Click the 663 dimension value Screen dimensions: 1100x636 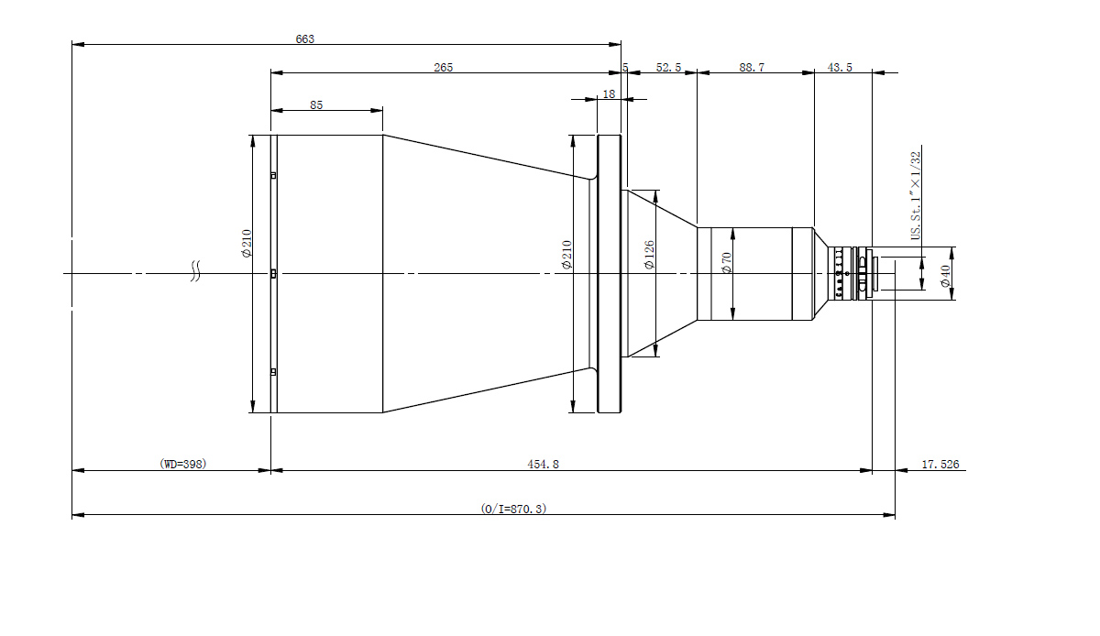(x=305, y=38)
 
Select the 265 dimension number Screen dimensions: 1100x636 (x=443, y=67)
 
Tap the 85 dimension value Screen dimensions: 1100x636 (x=316, y=105)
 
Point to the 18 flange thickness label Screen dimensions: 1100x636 (x=609, y=93)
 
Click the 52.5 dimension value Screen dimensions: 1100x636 (x=668, y=67)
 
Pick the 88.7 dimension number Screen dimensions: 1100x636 (x=752, y=67)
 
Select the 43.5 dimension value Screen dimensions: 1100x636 (x=840, y=67)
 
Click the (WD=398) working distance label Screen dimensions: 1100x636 (x=183, y=464)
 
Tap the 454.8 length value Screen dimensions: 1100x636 (x=543, y=464)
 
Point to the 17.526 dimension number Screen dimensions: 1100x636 (x=940, y=464)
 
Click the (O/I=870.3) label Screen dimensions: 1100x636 (x=513, y=509)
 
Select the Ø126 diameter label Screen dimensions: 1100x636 (x=649, y=255)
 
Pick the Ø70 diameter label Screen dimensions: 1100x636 (x=727, y=262)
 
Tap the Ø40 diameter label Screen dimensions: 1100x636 (x=945, y=276)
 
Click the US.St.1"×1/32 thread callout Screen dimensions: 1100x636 (x=916, y=195)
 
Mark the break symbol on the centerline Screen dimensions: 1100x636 (x=195, y=271)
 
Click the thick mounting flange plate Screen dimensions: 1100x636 (x=609, y=274)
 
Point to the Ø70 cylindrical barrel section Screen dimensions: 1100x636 (x=754, y=274)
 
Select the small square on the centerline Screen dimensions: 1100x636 (x=273, y=274)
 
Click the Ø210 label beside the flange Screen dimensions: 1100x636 (x=566, y=255)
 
